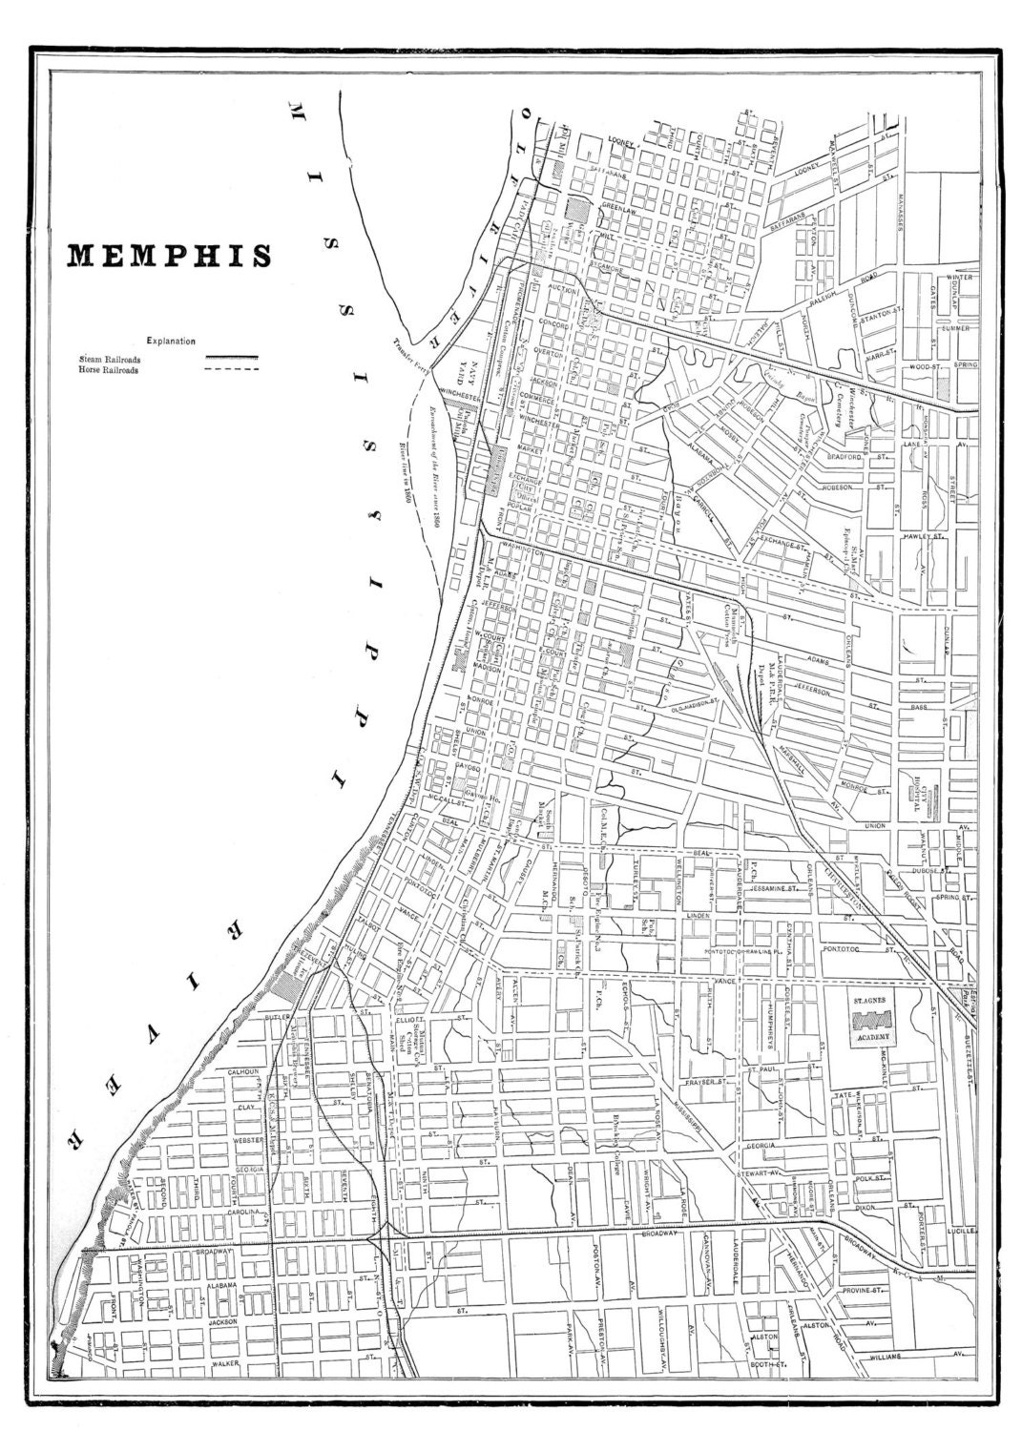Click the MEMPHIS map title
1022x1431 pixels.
click(167, 255)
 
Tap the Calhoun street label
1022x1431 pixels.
click(242, 1071)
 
